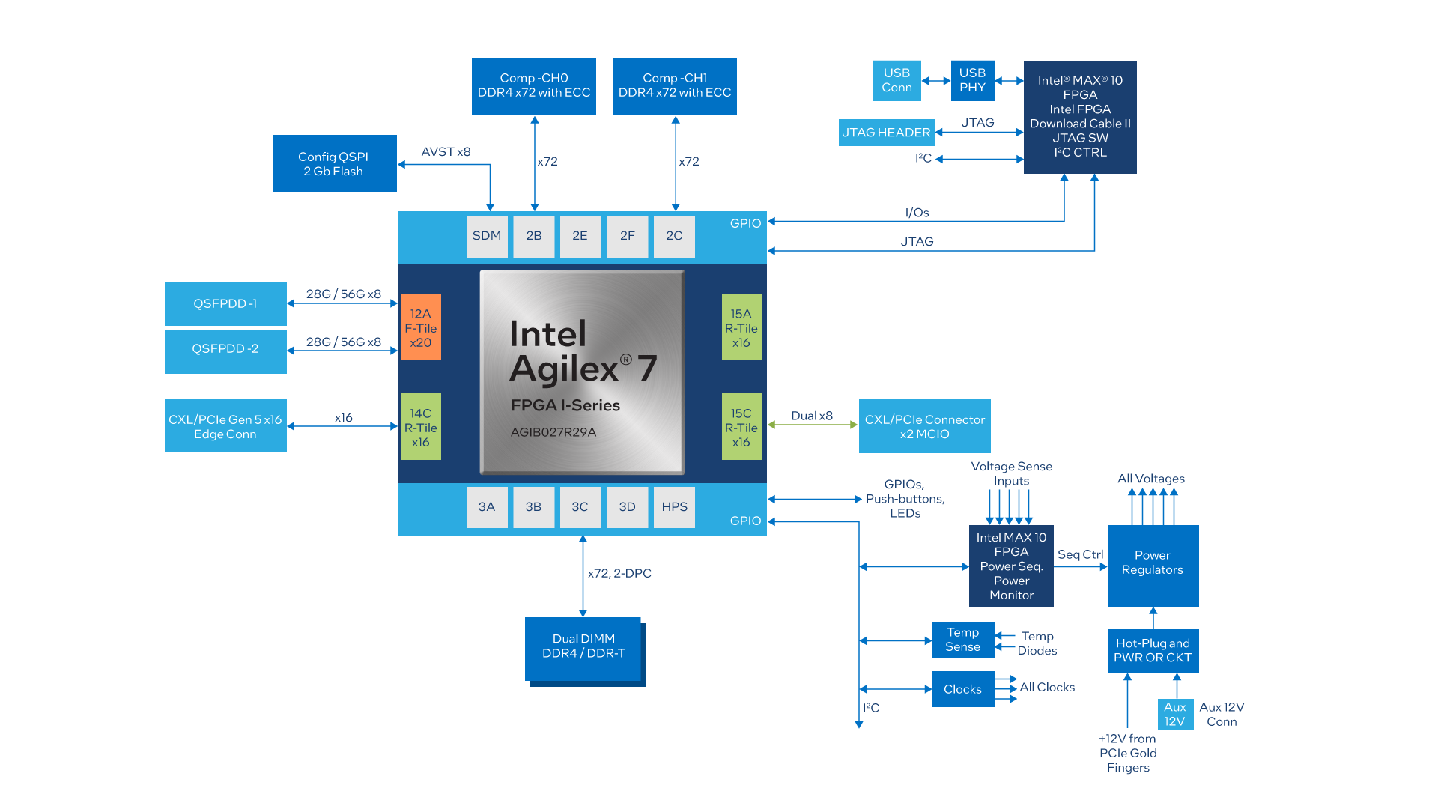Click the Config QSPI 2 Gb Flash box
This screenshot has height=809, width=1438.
click(334, 163)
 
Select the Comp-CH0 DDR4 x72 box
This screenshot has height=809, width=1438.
click(533, 86)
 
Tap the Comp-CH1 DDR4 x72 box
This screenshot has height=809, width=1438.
click(674, 86)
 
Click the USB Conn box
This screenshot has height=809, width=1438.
click(897, 80)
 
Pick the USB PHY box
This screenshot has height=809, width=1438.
click(972, 80)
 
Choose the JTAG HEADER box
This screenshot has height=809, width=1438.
click(886, 133)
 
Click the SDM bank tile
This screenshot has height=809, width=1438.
click(487, 236)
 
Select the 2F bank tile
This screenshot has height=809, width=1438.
click(627, 236)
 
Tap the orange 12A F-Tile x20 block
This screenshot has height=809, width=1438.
click(421, 327)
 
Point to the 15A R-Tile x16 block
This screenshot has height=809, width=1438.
click(741, 327)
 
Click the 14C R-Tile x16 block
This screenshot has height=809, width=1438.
click(421, 427)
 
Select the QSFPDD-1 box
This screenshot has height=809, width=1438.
click(225, 303)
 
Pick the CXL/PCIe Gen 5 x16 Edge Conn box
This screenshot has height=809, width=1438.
click(225, 426)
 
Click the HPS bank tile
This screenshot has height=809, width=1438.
click(674, 507)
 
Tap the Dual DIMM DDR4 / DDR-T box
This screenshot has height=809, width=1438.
click(583, 648)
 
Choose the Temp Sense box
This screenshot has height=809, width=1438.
click(963, 640)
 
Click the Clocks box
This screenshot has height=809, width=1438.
click(963, 689)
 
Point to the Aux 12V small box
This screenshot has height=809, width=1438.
click(1174, 714)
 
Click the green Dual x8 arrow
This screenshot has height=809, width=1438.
click(813, 425)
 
